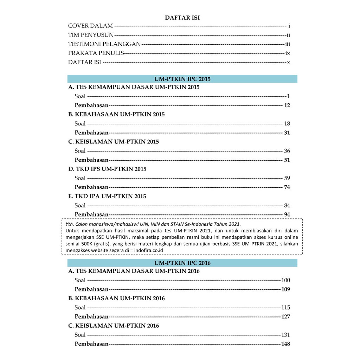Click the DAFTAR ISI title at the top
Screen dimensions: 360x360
182,18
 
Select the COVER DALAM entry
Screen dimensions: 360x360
90,26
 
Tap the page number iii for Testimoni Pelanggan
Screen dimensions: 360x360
287,44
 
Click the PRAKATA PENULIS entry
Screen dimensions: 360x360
96,53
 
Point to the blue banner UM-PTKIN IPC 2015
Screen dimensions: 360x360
182,79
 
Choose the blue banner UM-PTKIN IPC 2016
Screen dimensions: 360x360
182,263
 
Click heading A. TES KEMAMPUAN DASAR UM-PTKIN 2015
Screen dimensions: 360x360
134,87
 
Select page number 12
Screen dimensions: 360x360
287,105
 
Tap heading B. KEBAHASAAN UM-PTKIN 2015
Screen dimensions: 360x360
116,114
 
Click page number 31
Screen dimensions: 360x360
287,133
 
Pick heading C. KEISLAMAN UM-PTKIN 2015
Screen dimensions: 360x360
114,142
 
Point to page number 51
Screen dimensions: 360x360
287,160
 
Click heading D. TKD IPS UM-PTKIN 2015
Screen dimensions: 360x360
107,169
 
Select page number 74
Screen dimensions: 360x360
287,187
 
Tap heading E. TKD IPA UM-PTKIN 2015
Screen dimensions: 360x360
107,196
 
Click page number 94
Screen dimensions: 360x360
287,214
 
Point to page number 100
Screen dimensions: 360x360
285,280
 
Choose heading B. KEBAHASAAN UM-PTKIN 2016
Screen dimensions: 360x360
116,298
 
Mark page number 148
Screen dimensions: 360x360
285,344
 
